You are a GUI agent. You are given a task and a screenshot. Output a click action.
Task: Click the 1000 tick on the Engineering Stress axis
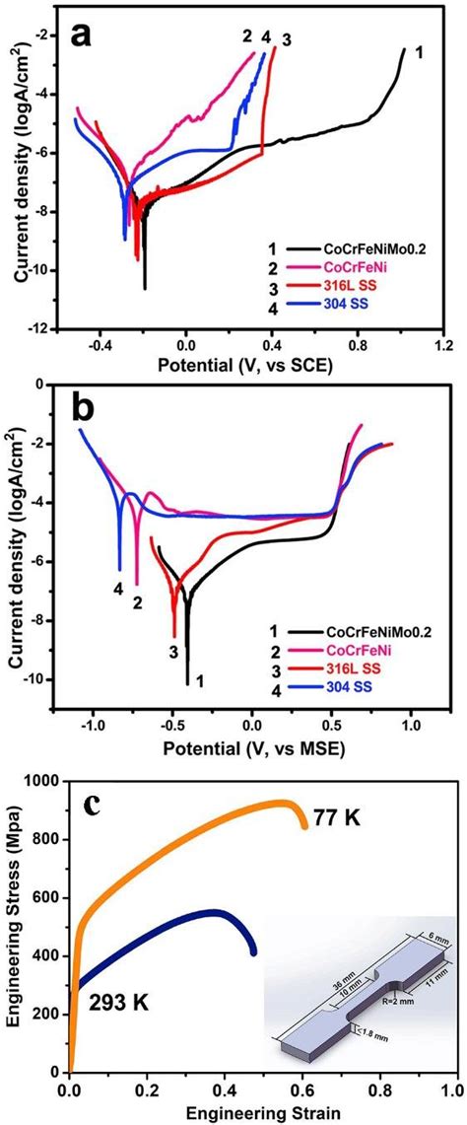(43, 781)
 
